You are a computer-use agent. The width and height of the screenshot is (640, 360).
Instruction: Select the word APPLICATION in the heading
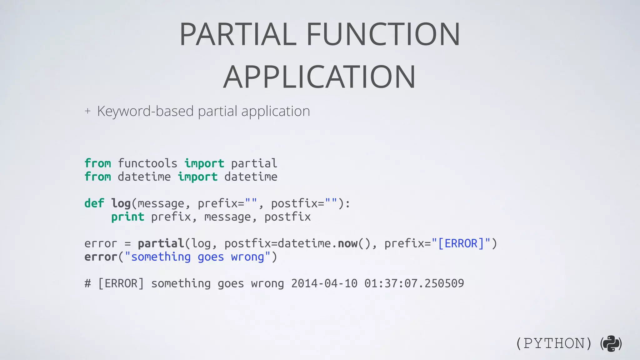(319, 77)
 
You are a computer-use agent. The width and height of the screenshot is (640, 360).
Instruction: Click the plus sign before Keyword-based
(87, 111)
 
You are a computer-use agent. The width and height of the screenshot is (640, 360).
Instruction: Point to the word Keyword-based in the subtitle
(145, 111)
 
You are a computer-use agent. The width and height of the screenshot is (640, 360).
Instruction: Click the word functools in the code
(147, 163)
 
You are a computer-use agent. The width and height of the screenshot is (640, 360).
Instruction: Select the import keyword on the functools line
(204, 163)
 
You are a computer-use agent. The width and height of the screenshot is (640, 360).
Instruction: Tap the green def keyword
(94, 203)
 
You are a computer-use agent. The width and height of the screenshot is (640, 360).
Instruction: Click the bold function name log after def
(121, 203)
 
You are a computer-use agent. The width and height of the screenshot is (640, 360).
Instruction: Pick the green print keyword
(127, 217)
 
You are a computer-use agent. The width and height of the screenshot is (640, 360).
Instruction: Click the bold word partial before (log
(161, 243)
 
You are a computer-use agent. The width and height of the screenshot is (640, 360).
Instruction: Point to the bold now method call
(347, 243)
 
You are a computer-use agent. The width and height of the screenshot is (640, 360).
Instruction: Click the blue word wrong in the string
(247, 257)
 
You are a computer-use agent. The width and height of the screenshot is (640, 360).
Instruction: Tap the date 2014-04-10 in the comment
(324, 283)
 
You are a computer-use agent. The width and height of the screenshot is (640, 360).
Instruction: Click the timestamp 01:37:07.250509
(414, 283)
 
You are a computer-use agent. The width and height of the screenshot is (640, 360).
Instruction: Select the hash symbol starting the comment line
(88, 283)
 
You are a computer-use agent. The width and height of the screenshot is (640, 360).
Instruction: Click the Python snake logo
(611, 343)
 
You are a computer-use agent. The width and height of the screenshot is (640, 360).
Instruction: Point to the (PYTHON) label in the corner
(553, 343)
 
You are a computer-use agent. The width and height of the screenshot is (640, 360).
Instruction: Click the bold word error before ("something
(101, 257)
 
